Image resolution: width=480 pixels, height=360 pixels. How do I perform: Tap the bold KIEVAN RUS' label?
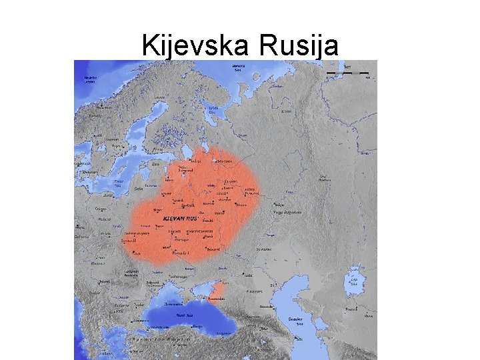click(180, 218)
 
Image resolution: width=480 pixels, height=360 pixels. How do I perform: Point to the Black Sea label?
click(184, 315)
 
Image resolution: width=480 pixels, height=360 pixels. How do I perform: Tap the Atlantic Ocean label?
click(90, 79)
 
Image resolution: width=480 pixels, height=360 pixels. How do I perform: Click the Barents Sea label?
click(237, 67)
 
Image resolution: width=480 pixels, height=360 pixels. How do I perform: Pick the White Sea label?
click(213, 109)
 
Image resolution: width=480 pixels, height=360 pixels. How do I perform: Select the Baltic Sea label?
click(118, 182)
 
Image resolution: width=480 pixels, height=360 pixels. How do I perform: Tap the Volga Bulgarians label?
click(287, 213)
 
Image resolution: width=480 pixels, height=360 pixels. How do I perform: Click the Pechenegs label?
click(181, 275)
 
